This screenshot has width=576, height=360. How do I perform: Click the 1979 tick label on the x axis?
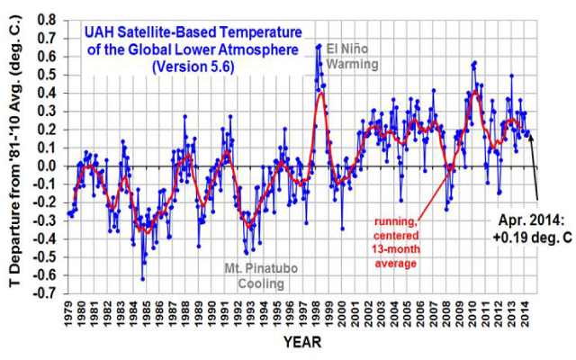(67, 315)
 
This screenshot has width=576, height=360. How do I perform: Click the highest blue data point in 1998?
(319, 45)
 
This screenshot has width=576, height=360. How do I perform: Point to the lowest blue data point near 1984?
(142, 279)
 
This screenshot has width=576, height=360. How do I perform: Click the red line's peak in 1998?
(320, 93)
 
